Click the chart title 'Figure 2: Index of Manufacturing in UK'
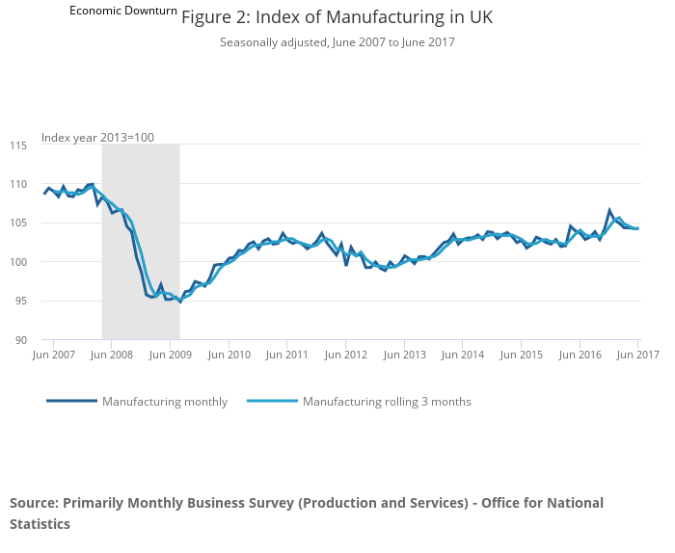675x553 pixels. (337, 17)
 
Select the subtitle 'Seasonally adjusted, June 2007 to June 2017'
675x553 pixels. (337, 42)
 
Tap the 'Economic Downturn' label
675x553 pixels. (123, 11)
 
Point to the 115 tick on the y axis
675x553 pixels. (18, 145)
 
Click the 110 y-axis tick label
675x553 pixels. (18, 184)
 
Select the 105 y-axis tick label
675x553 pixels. (18, 224)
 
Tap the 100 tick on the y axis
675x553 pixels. (18, 262)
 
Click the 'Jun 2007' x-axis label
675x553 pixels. (53, 355)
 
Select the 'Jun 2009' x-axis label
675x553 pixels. (170, 355)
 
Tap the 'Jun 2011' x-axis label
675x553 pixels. (287, 355)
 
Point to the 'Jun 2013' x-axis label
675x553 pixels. (404, 355)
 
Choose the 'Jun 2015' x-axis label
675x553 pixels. (521, 355)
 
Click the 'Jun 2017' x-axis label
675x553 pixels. (637, 355)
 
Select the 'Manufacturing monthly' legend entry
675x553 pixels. (164, 402)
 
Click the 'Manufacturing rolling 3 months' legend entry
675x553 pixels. (386, 402)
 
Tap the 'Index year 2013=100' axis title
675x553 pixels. (97, 138)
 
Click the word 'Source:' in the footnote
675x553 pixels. (34, 503)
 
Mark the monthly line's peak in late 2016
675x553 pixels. (609, 210)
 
